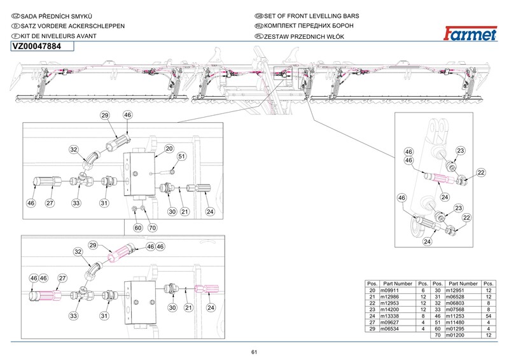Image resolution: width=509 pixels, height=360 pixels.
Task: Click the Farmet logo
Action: (470, 34)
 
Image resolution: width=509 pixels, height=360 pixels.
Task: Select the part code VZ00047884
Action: (37, 46)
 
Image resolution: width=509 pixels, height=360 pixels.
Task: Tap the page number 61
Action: (254, 352)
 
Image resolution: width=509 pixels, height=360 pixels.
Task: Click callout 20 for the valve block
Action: (169, 149)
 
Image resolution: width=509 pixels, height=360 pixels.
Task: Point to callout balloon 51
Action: (181, 156)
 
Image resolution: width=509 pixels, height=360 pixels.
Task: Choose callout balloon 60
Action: (138, 228)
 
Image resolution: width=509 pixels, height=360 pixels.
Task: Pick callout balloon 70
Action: (153, 228)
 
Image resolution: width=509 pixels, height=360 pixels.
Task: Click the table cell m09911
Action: (389, 290)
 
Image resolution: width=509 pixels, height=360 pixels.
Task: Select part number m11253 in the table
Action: (455, 316)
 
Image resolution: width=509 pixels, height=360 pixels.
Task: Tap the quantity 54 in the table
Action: (489, 316)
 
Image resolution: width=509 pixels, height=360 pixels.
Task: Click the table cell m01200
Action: (455, 335)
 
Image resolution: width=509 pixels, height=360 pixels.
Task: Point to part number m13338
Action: (389, 316)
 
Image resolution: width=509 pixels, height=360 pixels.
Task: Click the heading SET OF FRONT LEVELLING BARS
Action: (312, 16)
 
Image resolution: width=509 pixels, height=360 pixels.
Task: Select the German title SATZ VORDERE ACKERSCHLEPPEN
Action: (73, 26)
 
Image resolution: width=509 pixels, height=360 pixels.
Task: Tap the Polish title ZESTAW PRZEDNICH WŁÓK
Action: (304, 37)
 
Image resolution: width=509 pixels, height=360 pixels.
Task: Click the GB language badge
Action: (259, 16)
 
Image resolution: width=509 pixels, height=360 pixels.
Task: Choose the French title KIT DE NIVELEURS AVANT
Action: (59, 36)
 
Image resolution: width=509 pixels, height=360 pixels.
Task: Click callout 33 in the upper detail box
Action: (76, 203)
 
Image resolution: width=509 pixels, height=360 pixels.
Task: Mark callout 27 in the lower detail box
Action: (62, 278)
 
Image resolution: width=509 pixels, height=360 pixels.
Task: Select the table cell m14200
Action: (389, 309)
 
